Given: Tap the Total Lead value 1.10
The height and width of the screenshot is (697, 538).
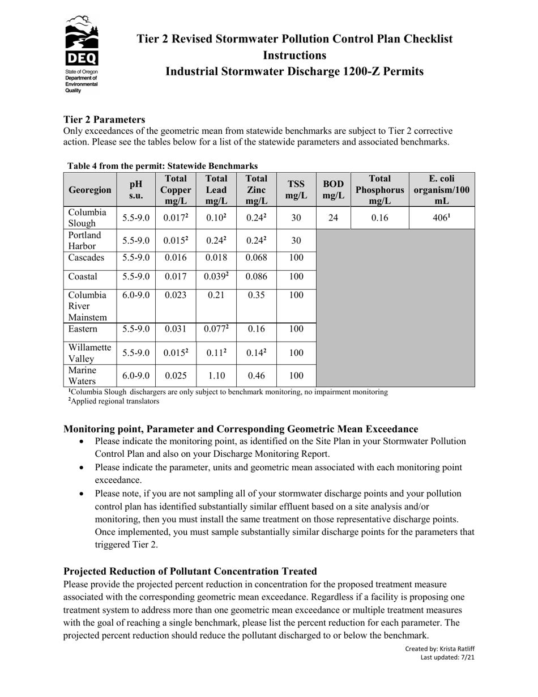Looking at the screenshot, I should (216, 376).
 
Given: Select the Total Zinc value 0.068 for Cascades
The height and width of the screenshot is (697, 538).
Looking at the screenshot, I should (256, 258).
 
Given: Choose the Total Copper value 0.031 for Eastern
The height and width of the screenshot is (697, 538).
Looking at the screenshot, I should (176, 329).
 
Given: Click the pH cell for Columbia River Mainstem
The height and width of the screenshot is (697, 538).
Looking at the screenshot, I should (136, 295).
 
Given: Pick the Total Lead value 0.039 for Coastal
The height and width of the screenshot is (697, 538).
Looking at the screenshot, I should (216, 277).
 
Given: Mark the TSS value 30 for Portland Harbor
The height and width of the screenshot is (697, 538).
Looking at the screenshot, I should (296, 240).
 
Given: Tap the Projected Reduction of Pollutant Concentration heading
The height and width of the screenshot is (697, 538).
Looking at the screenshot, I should (190, 571).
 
